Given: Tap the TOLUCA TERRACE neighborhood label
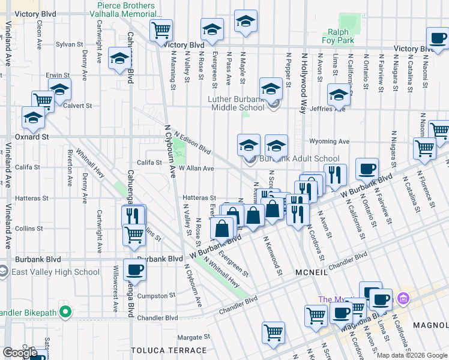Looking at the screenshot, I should (169, 350).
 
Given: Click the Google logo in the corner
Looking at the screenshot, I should (20, 353).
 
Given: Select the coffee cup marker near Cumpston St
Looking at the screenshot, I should (134, 270).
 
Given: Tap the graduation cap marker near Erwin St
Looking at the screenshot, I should (59, 91).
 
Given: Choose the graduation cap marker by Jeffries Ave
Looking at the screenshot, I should (339, 94).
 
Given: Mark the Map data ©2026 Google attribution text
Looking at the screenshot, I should (411, 355).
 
